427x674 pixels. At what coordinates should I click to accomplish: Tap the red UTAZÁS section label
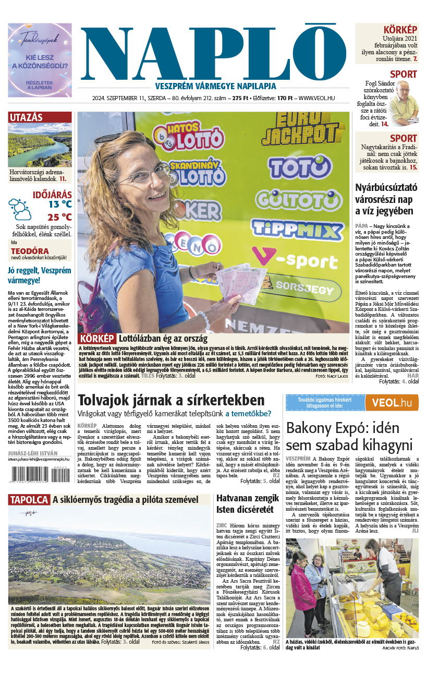(x=26, y=117)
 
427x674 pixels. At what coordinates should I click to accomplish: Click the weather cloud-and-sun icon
(x=20, y=209)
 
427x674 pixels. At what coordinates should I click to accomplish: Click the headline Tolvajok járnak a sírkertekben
(x=170, y=401)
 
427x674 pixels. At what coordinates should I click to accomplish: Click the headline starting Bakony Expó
(x=349, y=436)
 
